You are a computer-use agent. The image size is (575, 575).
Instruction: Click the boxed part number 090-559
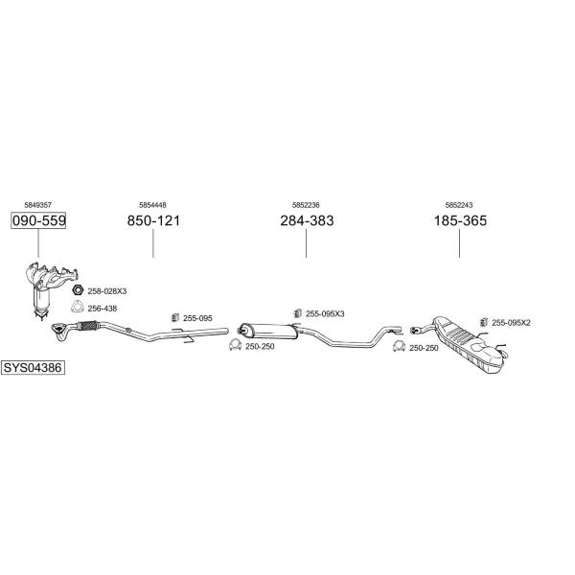tap(38, 220)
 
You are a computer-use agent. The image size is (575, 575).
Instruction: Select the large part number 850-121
tap(153, 220)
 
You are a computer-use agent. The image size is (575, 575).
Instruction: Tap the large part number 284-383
tap(307, 220)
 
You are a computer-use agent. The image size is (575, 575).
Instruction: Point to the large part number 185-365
tap(460, 220)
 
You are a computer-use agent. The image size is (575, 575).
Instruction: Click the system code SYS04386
tap(33, 367)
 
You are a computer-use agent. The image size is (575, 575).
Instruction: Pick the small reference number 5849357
tap(38, 205)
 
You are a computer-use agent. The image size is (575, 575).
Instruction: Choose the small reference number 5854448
tap(152, 205)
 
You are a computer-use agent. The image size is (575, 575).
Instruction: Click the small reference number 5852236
tap(306, 205)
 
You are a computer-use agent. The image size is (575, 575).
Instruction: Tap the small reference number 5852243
tap(459, 205)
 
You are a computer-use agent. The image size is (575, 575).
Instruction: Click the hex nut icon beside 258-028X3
tap(78, 290)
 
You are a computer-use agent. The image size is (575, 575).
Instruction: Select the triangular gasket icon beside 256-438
tap(77, 307)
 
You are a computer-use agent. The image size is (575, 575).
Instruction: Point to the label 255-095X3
tap(325, 314)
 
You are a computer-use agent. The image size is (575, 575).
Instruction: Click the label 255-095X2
tap(511, 323)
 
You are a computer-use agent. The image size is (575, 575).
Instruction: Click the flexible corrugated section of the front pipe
tap(88, 326)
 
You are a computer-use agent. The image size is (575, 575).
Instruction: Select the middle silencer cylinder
tap(268, 331)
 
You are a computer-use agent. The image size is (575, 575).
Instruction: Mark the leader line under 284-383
tap(307, 243)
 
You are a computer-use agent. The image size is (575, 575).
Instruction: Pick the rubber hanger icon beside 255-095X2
tap(484, 322)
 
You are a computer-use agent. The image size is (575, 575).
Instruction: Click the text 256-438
tap(103, 309)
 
